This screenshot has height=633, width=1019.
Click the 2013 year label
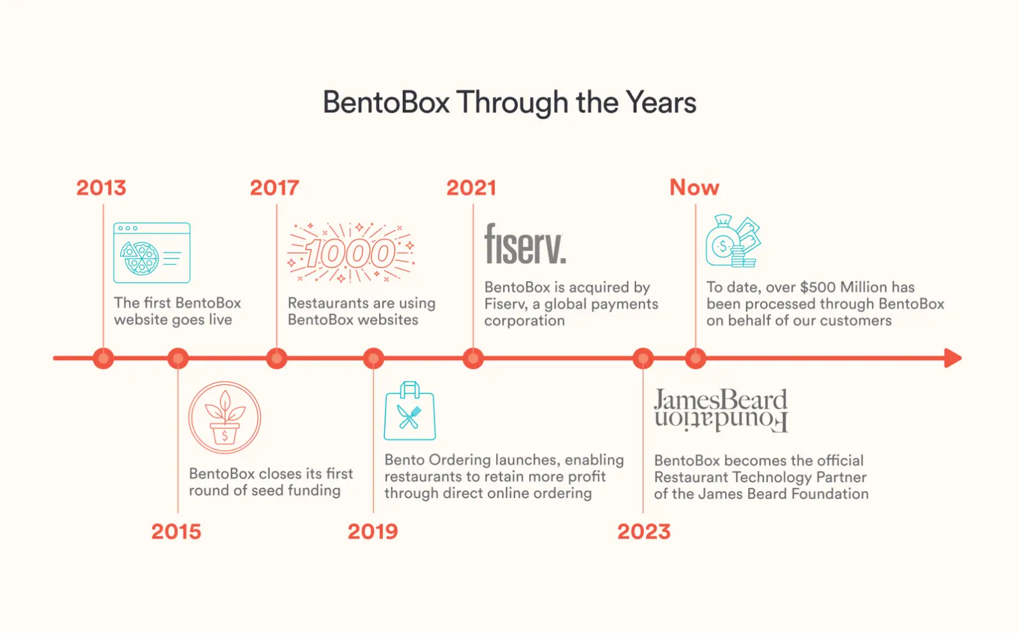[101, 187]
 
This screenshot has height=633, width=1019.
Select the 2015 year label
[176, 531]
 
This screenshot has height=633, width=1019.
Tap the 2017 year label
[274, 187]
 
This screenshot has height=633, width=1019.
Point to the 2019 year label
[373, 531]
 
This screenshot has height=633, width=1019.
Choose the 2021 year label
[471, 187]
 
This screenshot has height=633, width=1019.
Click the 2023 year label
[644, 531]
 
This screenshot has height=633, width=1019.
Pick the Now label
[694, 187]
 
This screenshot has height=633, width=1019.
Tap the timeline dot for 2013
[103, 358]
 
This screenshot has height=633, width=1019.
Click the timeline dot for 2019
[373, 358]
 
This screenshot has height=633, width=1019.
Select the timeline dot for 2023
[643, 358]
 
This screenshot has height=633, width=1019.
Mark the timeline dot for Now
[696, 358]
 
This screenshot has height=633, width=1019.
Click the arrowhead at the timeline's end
[953, 358]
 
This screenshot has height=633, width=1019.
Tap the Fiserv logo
[525, 244]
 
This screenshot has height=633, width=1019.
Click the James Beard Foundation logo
[720, 410]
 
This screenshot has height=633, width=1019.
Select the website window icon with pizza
[152, 253]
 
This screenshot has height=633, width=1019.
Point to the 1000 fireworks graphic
[350, 253]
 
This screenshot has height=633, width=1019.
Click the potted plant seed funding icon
[224, 418]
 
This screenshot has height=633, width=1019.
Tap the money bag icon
[733, 241]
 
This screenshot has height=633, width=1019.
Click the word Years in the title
[660, 102]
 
